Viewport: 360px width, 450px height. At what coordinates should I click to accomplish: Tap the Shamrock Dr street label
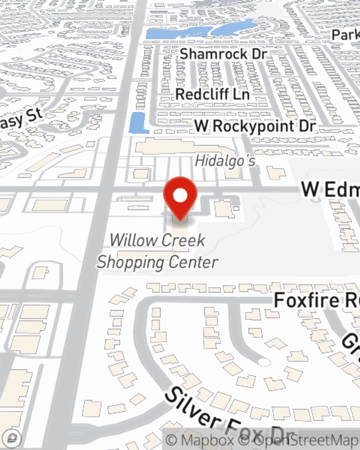point(223,54)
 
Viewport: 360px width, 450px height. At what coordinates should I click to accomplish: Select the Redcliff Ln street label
point(212,94)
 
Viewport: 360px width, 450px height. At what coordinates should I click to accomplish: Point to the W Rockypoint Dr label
point(255,126)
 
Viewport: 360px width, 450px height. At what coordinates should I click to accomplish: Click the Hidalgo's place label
point(225,161)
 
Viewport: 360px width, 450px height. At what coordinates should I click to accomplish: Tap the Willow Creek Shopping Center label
point(158,251)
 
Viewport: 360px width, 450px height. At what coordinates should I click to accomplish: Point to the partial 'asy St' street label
point(22,118)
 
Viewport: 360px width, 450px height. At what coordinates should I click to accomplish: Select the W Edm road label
point(329,189)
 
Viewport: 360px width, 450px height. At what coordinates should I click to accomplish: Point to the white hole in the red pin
point(180,195)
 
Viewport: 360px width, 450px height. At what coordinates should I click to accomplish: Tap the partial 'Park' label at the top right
point(346,35)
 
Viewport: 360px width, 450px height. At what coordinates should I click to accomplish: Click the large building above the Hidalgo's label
point(180,148)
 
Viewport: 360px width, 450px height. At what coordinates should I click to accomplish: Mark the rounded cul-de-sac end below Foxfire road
point(265,362)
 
